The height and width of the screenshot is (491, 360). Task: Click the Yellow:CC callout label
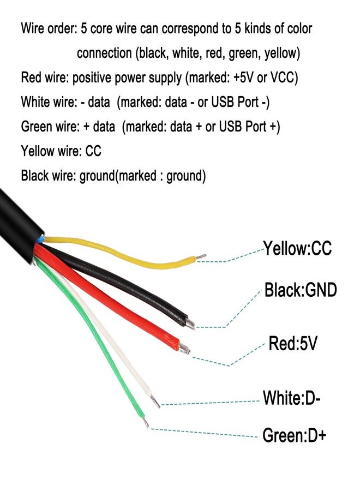tap(297, 249)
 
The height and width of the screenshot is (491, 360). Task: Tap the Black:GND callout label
tap(300, 290)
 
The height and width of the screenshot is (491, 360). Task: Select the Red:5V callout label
tap(293, 344)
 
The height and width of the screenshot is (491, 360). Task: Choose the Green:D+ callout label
tap(294, 435)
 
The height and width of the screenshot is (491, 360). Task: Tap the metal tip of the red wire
tap(185, 349)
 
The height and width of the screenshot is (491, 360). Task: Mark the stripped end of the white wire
tap(157, 403)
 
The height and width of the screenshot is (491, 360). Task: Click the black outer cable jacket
tap(16, 218)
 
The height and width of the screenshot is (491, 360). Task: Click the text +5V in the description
tap(244, 77)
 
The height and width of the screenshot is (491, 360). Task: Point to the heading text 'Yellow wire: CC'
tap(61, 151)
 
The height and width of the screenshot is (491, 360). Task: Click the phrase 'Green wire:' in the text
tap(50, 127)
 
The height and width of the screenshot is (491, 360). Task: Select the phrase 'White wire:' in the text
tap(49, 102)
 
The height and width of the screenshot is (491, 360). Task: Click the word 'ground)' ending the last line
tap(186, 176)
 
